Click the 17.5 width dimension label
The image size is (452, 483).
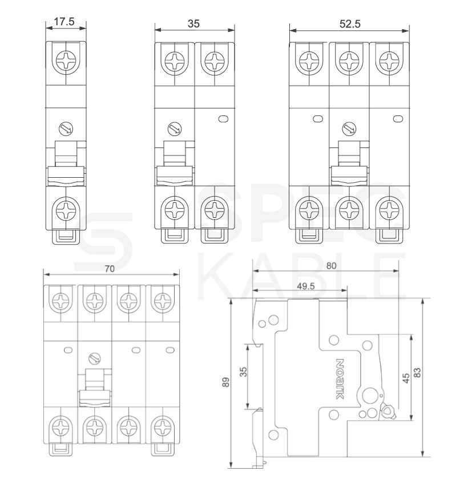pyautogui.click(x=64, y=22)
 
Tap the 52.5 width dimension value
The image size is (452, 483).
pyautogui.click(x=350, y=23)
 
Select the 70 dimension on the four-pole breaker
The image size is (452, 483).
pyautogui.click(x=110, y=269)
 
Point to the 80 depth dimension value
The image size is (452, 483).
pyautogui.click(x=331, y=266)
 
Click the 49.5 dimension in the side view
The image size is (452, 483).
pyautogui.click(x=306, y=286)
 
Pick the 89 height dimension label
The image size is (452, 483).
pyautogui.click(x=226, y=382)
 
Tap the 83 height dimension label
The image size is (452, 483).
pyautogui.click(x=417, y=373)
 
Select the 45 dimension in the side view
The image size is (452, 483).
pyautogui.click(x=406, y=378)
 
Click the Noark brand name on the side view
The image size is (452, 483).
pyautogui.click(x=339, y=379)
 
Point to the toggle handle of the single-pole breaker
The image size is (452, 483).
pyautogui.click(x=66, y=163)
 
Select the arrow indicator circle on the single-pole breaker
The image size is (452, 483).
pyautogui.click(x=66, y=129)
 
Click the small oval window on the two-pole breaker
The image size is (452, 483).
pyautogui.click(x=223, y=118)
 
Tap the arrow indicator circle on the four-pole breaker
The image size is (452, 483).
pyautogui.click(x=94, y=358)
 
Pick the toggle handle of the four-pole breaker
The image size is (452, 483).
pyautogui.click(x=95, y=388)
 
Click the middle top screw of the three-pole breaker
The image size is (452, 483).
pyautogui.click(x=349, y=61)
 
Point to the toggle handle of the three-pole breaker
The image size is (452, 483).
pyautogui.click(x=349, y=163)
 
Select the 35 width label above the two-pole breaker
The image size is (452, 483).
pyautogui.click(x=193, y=23)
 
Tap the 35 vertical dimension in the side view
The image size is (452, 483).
pyautogui.click(x=243, y=372)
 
